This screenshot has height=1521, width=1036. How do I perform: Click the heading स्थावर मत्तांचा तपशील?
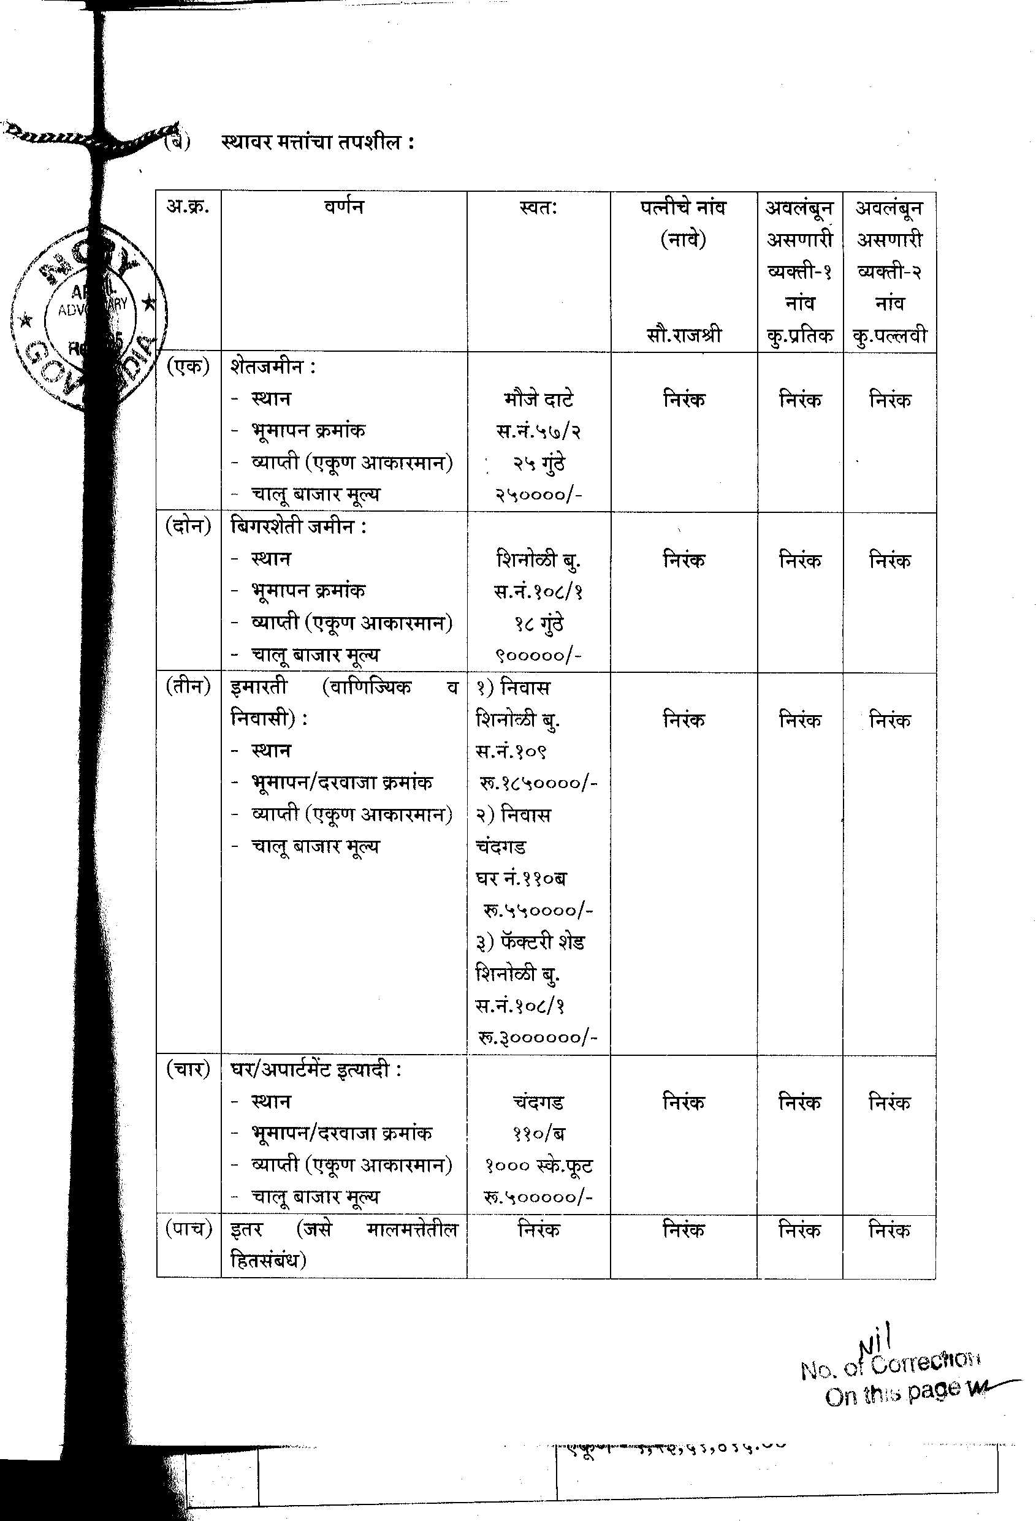(x=317, y=142)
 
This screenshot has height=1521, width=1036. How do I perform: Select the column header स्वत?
(x=538, y=208)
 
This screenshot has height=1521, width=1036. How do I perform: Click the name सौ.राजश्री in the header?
(x=683, y=336)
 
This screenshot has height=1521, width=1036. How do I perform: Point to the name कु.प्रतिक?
(x=799, y=336)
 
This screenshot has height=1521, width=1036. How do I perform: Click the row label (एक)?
(x=188, y=367)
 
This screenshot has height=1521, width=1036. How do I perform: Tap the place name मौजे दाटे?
(x=539, y=399)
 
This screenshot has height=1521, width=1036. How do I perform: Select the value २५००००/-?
(x=538, y=495)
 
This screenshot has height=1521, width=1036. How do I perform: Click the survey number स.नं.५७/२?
(x=538, y=431)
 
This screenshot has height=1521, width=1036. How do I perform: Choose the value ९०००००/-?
(x=538, y=655)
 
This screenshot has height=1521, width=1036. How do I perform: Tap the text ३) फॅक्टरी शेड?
(x=530, y=943)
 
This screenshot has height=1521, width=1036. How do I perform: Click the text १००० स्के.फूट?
(x=538, y=1166)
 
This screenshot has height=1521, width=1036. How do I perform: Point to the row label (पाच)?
(x=189, y=1229)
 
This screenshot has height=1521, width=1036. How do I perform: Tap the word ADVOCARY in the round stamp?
(x=93, y=306)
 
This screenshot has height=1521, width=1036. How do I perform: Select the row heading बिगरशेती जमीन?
(x=298, y=527)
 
